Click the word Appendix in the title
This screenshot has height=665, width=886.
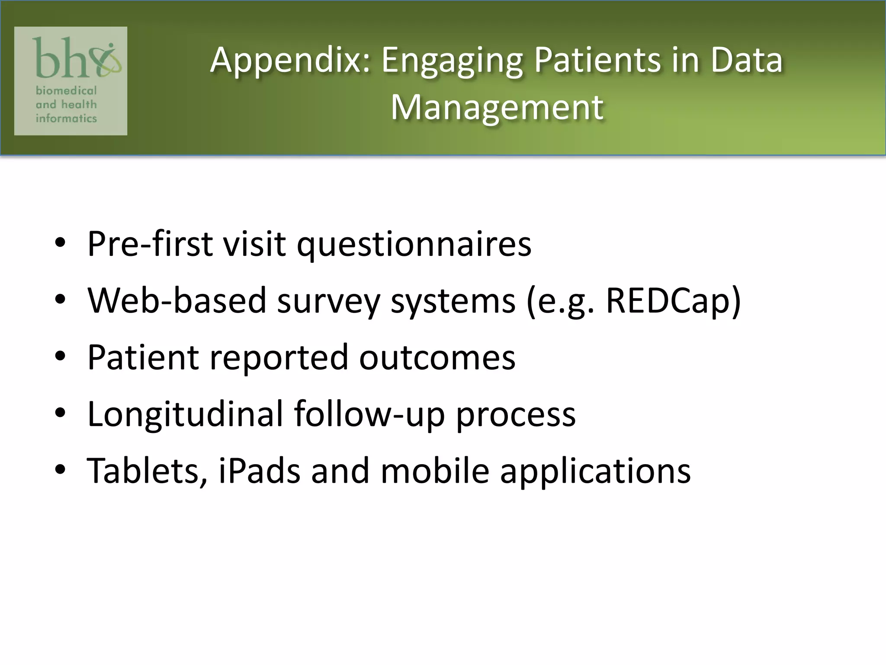(x=290, y=61)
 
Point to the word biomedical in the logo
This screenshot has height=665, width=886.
(x=66, y=90)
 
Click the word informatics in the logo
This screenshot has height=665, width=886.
(x=66, y=118)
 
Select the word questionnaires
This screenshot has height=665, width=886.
(x=414, y=245)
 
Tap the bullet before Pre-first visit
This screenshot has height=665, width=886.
(x=60, y=243)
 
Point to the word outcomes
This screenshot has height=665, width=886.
(x=437, y=358)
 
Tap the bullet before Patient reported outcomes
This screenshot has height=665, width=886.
(x=60, y=356)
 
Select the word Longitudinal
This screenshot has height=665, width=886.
(x=185, y=414)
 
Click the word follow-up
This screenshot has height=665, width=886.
(x=369, y=414)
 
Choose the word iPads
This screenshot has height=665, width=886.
(x=259, y=471)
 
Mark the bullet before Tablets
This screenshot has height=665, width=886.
(x=60, y=469)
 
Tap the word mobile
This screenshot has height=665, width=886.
(x=435, y=471)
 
